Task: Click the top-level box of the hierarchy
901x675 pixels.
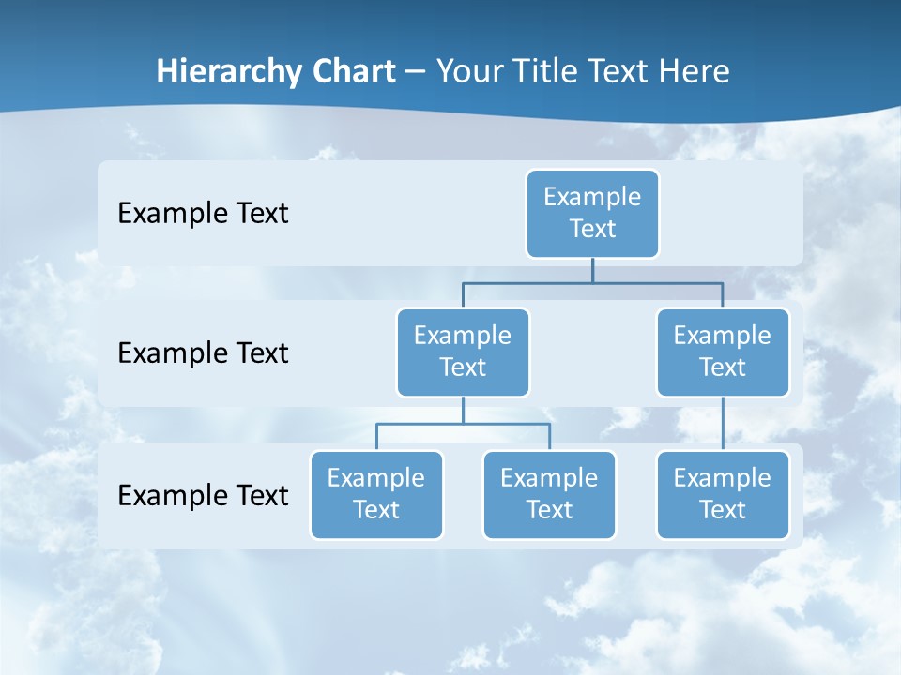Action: (592, 213)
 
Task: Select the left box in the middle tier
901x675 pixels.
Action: (463, 352)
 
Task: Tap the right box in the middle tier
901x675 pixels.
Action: (723, 352)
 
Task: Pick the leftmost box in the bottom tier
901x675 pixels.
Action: (376, 494)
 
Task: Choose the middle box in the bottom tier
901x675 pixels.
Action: (549, 494)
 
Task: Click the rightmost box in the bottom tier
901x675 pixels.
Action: (723, 494)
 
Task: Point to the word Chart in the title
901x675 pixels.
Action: (348, 71)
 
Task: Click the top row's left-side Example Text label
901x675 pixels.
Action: (203, 214)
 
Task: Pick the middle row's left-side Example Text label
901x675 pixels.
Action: (203, 353)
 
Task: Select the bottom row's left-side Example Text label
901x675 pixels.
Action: (203, 495)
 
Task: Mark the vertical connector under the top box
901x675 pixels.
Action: (592, 270)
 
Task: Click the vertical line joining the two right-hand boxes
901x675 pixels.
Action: (723, 424)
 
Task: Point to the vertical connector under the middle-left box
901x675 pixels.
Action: (463, 410)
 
